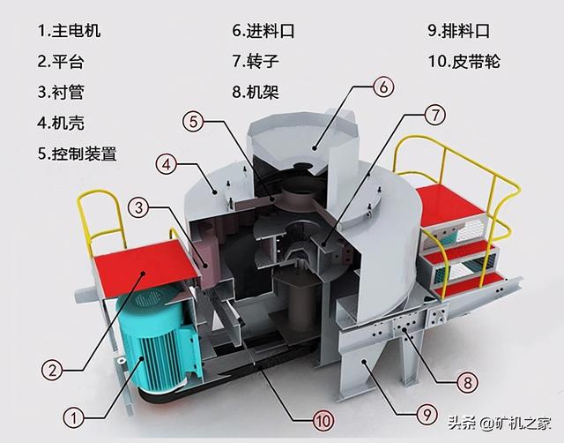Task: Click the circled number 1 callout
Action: tap(76, 413)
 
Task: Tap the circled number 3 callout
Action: tap(137, 207)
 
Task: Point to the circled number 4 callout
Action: tap(167, 163)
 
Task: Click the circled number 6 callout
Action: tap(382, 86)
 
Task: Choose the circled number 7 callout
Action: tap(433, 115)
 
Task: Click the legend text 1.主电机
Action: tap(70, 31)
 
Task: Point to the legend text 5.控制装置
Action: tap(78, 153)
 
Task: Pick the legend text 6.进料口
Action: tap(263, 31)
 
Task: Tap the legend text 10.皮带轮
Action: tap(465, 62)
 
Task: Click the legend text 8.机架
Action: tap(256, 92)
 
